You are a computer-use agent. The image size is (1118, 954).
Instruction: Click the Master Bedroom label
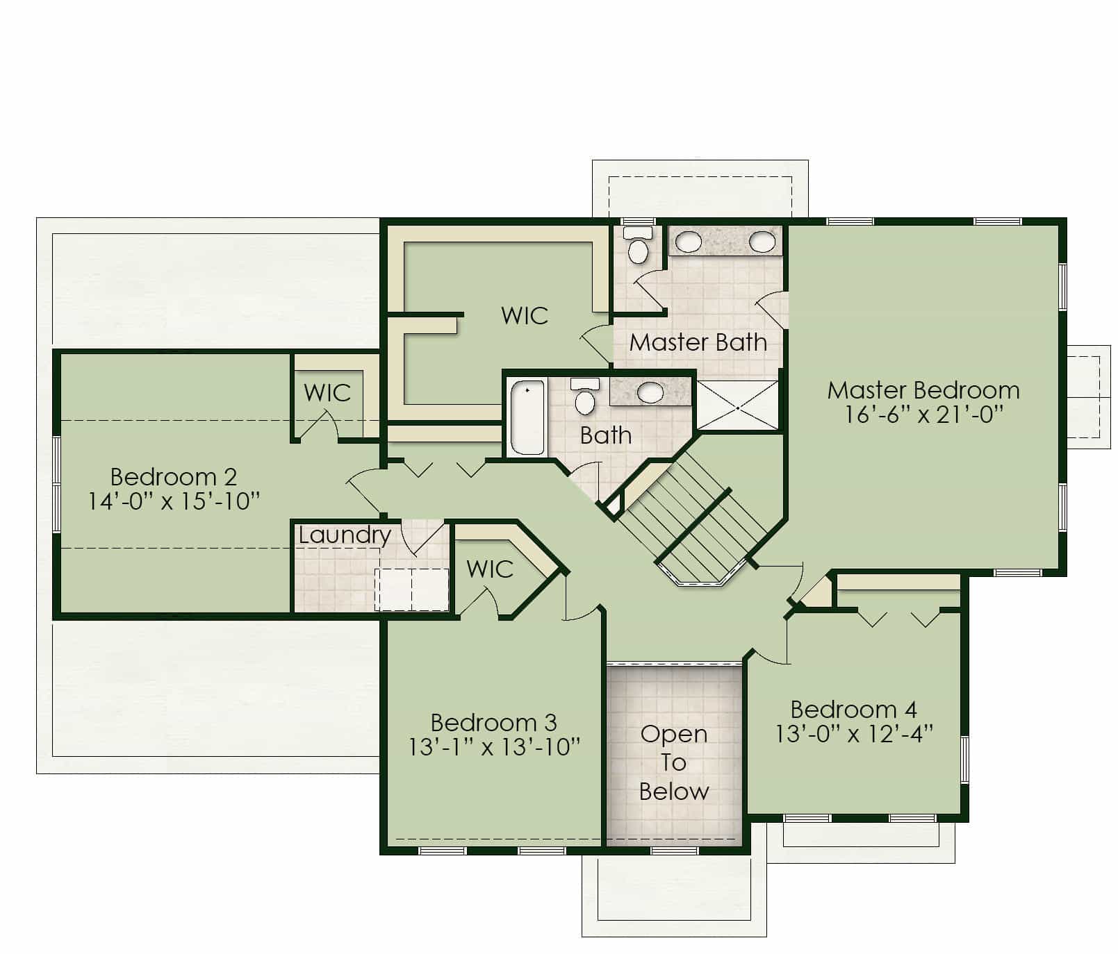coord(923,390)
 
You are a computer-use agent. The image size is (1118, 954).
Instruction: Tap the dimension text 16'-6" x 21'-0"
coord(924,415)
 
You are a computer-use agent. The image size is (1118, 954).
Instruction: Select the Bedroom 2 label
coord(174,477)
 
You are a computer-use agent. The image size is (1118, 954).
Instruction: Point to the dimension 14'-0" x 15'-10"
coord(174,501)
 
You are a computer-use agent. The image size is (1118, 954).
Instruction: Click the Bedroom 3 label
coord(494,723)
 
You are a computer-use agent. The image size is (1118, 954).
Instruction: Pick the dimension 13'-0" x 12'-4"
coord(855,734)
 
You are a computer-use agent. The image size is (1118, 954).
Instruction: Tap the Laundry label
coord(345,535)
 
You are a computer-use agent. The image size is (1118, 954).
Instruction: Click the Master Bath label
coord(698,342)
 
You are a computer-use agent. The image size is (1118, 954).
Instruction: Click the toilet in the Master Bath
coord(638,245)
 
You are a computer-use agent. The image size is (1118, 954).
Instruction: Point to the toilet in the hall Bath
coord(585,396)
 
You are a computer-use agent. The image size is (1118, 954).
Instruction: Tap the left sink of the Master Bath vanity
coord(689,242)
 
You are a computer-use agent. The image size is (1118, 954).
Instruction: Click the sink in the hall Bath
coord(650,393)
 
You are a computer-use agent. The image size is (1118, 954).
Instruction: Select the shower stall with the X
coord(737,405)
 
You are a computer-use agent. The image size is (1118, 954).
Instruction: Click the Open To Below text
coord(674,762)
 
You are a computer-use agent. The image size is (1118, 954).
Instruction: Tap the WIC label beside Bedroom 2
coord(327,393)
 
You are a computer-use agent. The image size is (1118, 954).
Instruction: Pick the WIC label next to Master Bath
coord(525,316)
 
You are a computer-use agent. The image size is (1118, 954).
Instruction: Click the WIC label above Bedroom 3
coord(490,569)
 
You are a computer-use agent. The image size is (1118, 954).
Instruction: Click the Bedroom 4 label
coord(854,710)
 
